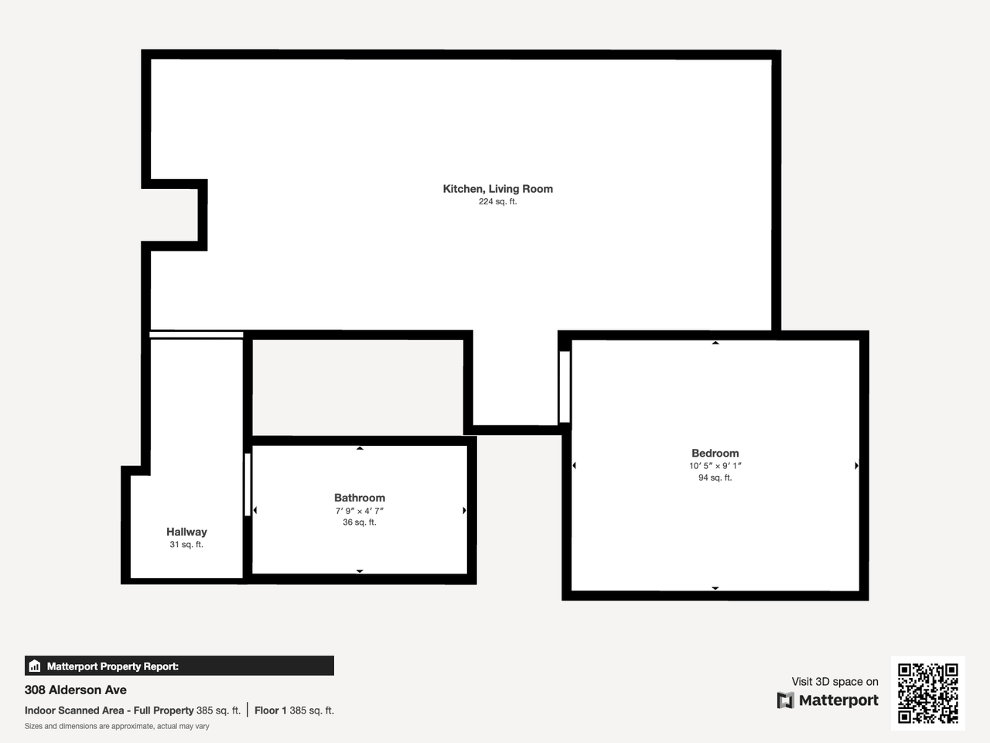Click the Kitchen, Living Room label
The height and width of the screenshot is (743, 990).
point(497,189)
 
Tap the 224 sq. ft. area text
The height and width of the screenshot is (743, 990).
point(497,202)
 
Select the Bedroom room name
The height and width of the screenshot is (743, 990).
point(715,454)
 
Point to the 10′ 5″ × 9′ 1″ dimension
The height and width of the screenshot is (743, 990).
point(715,466)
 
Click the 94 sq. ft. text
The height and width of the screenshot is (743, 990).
point(715,478)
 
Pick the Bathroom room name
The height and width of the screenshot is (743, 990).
point(359,498)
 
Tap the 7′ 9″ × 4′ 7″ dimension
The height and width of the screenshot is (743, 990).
point(359,511)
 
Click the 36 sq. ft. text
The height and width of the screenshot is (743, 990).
point(359,522)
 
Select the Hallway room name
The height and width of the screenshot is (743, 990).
point(186,532)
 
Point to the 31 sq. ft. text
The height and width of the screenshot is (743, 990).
point(186,545)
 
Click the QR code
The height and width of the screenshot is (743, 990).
point(927,693)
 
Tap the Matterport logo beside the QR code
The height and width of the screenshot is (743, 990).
point(828,700)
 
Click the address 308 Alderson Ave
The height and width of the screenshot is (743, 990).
point(76,690)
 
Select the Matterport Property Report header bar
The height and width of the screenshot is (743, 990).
point(179,666)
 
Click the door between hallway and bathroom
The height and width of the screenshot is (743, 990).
point(247,484)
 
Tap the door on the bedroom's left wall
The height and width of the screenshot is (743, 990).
point(565,387)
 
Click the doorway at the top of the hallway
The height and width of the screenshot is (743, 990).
point(196,335)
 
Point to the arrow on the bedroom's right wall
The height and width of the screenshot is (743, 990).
point(856,466)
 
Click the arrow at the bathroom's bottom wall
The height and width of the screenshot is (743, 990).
point(360,571)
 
